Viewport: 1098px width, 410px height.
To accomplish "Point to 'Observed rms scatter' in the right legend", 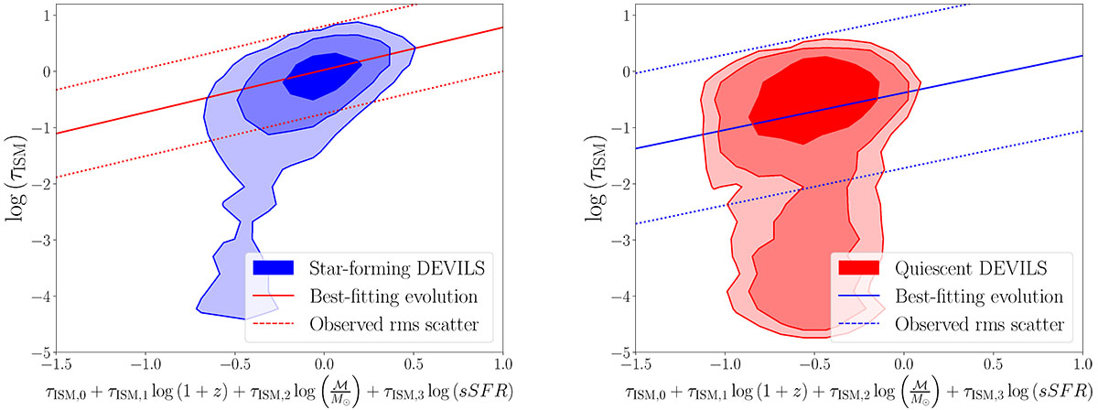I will coord(966,324).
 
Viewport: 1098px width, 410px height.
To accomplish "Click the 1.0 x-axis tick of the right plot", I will coord(1082,367).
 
